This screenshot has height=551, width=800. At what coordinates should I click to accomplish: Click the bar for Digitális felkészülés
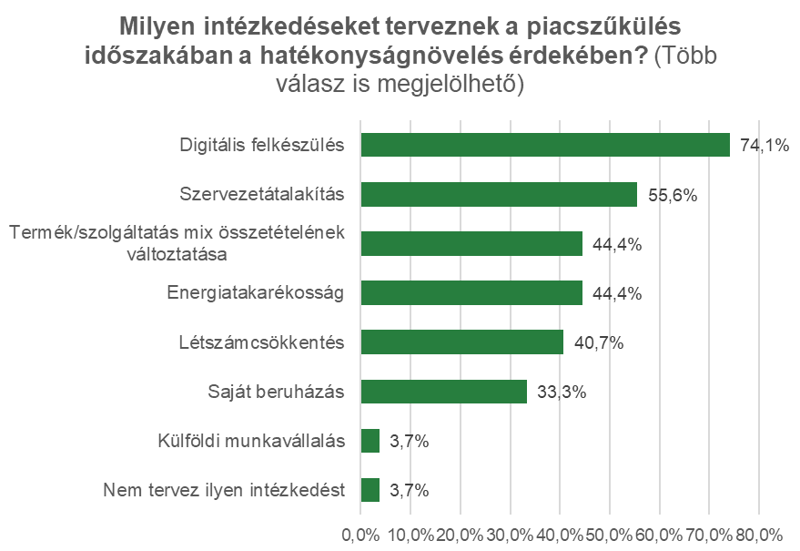[545, 145]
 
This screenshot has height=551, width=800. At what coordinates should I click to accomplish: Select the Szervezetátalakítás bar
[499, 194]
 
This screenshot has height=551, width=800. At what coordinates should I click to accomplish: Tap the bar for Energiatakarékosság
[471, 292]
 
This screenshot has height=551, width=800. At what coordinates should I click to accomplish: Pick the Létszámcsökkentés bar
[462, 342]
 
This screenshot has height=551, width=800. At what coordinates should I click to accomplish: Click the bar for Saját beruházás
[444, 391]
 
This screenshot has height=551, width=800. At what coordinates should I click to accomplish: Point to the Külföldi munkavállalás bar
[370, 441]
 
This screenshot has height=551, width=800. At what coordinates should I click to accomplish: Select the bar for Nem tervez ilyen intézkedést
[370, 490]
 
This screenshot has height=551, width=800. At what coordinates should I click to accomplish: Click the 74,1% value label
[764, 145]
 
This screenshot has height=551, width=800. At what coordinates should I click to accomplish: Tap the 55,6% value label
[671, 194]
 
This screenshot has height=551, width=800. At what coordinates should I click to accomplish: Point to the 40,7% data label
[598, 342]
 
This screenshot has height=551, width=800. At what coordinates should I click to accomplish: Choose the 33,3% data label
[562, 392]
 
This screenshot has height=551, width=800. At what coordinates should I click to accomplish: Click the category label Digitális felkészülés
[262, 145]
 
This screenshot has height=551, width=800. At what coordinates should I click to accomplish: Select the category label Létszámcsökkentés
[261, 342]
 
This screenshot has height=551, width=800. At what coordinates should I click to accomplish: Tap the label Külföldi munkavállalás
[250, 441]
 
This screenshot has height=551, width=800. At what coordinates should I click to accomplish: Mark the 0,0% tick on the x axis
[361, 534]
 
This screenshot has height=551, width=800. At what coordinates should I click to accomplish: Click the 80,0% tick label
[757, 534]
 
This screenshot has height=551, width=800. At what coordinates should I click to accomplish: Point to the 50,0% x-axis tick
[609, 534]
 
